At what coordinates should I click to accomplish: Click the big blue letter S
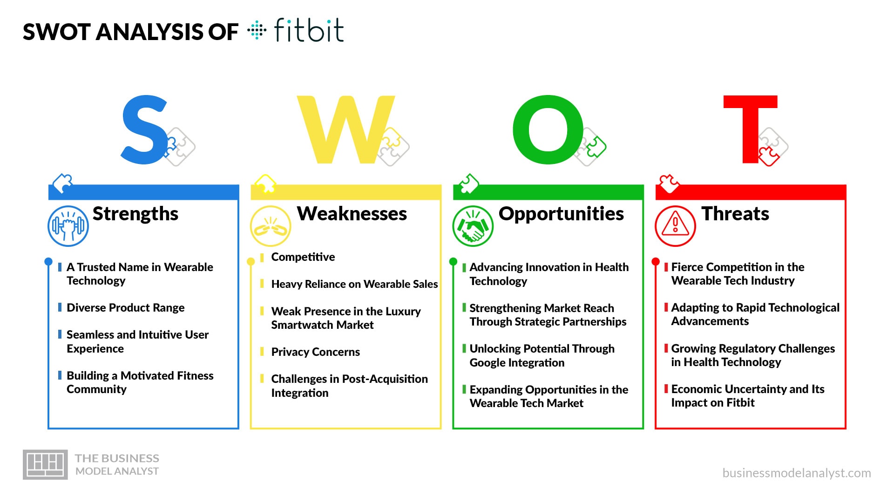tap(144, 130)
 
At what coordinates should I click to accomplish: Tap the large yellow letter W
tap(345, 130)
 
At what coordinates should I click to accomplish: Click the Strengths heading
tap(135, 214)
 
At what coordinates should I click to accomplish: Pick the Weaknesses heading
tap(352, 214)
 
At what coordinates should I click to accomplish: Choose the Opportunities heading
tap(561, 214)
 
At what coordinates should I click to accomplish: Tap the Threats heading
tap(735, 214)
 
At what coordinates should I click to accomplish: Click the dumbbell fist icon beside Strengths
tap(68, 226)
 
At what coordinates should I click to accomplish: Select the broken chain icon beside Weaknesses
tap(271, 226)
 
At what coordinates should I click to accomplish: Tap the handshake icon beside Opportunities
tap(473, 226)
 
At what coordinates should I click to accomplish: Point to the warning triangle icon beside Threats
tap(675, 226)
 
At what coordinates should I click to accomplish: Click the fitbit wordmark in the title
tap(309, 31)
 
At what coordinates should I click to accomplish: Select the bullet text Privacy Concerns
tap(315, 352)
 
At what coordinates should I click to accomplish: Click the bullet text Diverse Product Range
tap(125, 308)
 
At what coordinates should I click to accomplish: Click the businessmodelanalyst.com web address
tap(796, 473)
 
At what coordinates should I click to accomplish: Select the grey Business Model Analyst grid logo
tap(45, 464)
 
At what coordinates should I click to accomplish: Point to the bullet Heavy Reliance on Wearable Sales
tap(354, 284)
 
